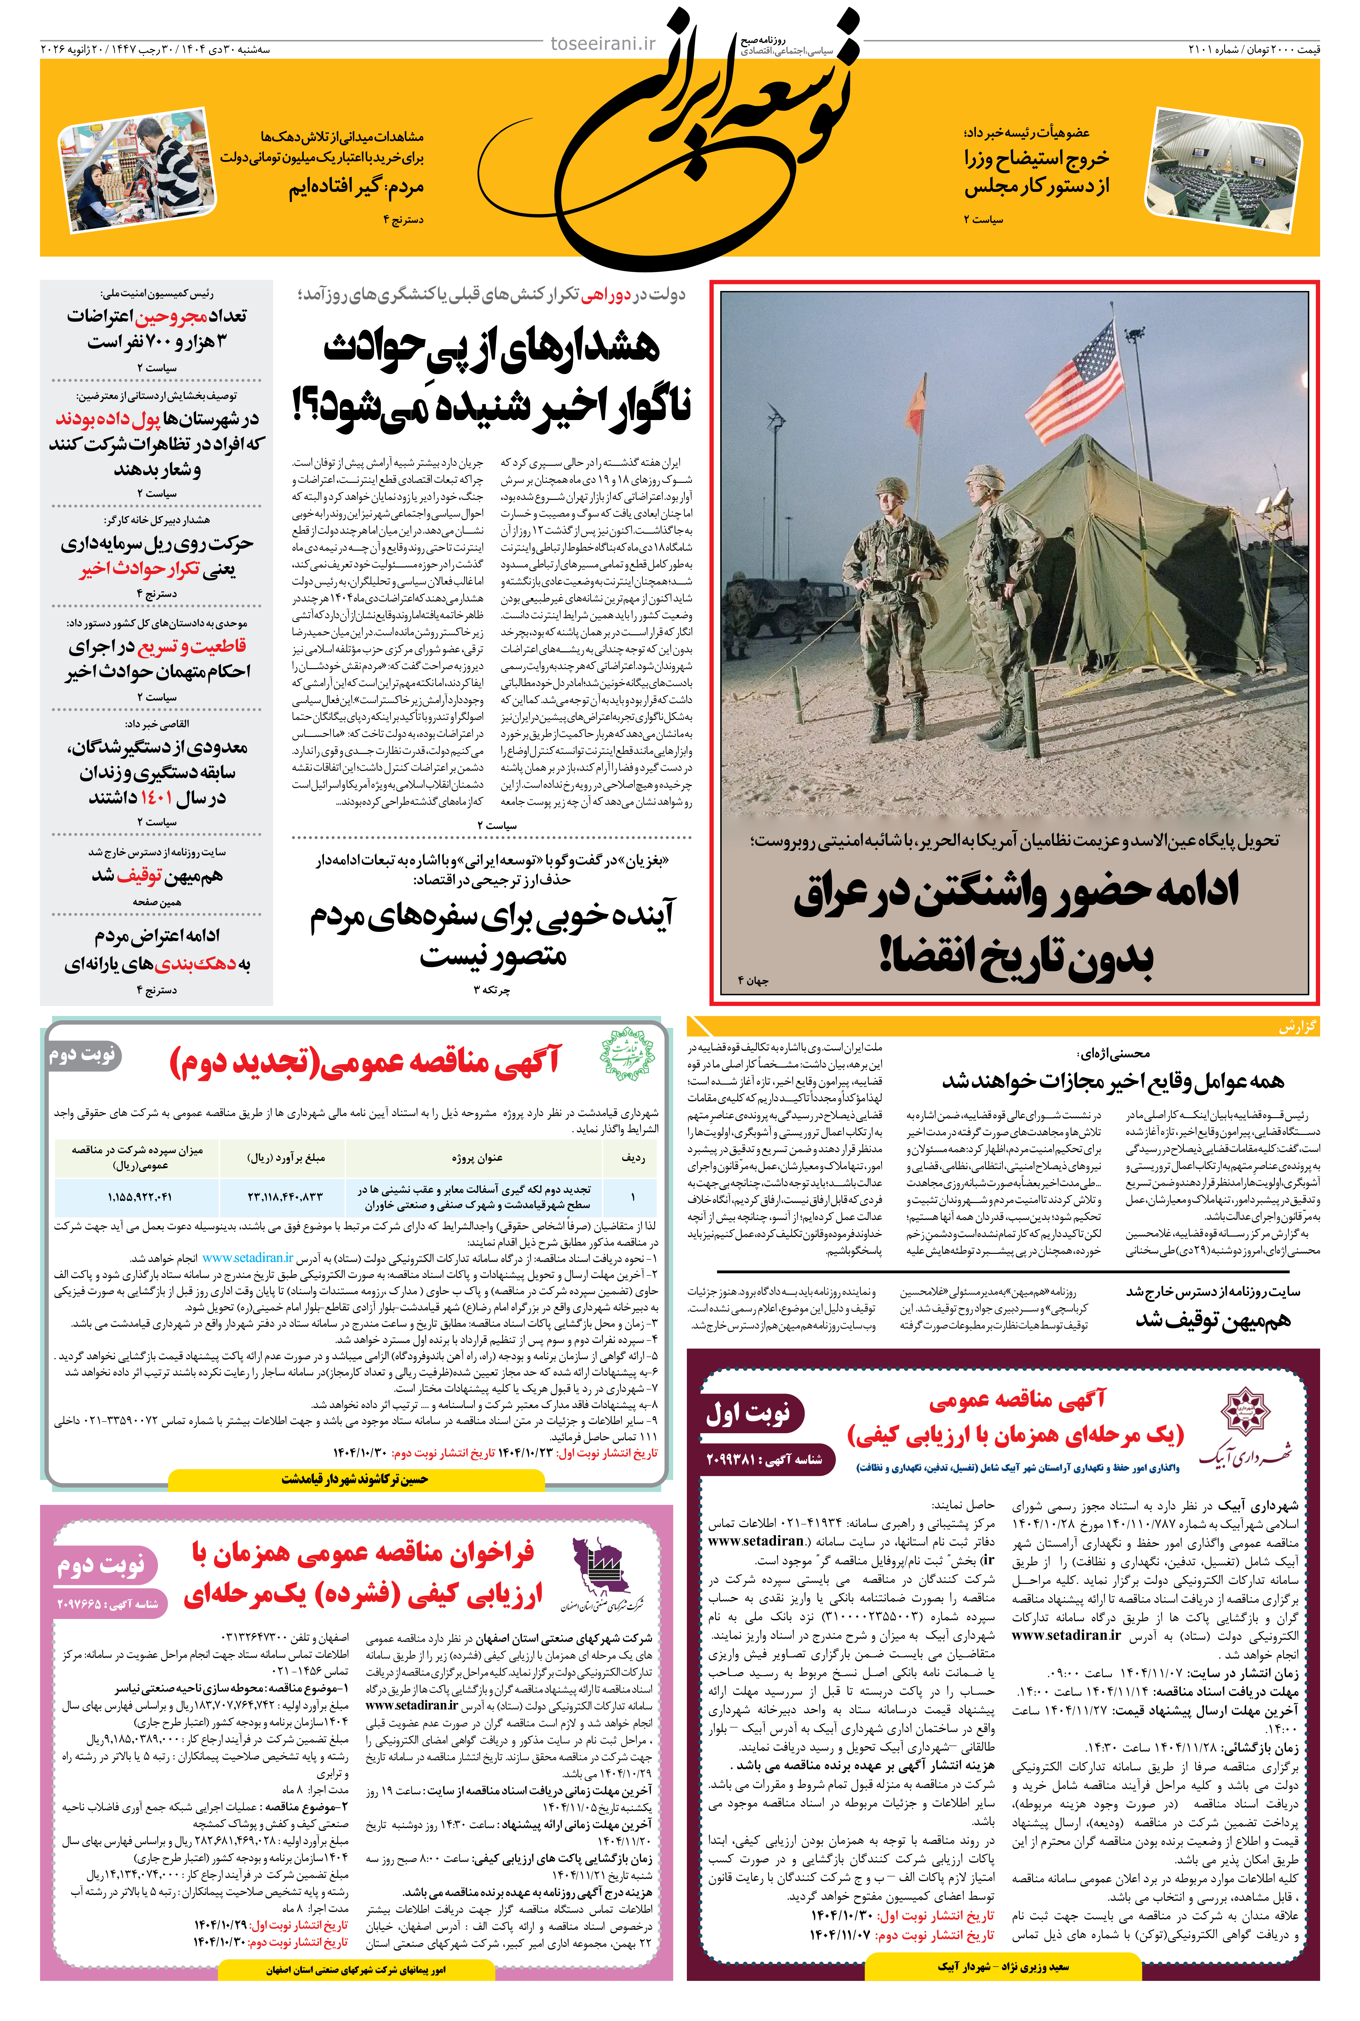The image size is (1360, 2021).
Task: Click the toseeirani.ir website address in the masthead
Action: [x=604, y=43]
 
